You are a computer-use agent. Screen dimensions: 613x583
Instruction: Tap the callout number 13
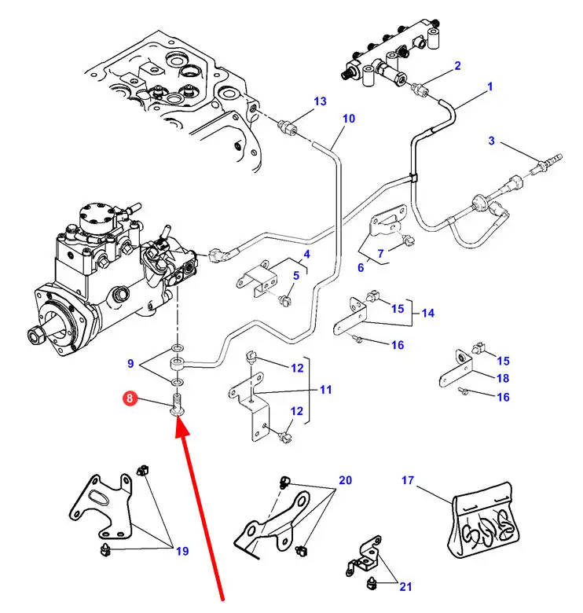pyautogui.click(x=319, y=101)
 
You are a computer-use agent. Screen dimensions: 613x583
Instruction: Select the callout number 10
pyautogui.click(x=348, y=119)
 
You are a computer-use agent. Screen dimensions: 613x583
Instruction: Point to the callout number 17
pyautogui.click(x=407, y=480)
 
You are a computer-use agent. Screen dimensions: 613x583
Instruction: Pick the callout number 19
pyautogui.click(x=182, y=551)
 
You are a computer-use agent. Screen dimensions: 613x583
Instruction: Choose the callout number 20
pyautogui.click(x=346, y=480)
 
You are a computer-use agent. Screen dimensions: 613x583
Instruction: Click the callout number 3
pyautogui.click(x=491, y=141)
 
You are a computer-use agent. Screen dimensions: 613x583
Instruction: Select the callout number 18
pyautogui.click(x=503, y=378)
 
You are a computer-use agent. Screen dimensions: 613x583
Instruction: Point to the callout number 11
pyautogui.click(x=325, y=389)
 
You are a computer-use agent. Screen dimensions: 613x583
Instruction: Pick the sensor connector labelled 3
pyautogui.click(x=542, y=167)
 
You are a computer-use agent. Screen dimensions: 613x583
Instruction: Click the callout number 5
pyautogui.click(x=296, y=275)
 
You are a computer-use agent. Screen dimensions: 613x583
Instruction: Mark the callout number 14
pyautogui.click(x=427, y=313)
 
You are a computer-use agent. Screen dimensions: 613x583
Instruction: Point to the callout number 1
pyautogui.click(x=489, y=87)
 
